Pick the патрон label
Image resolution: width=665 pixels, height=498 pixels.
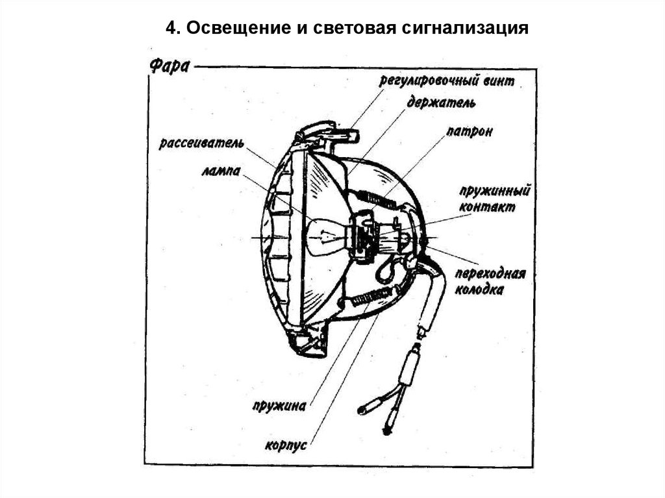(469, 132)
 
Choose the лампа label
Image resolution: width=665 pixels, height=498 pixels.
(221, 171)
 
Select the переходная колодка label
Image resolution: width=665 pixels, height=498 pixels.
(489, 281)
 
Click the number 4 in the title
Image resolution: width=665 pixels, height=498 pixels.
(171, 29)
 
